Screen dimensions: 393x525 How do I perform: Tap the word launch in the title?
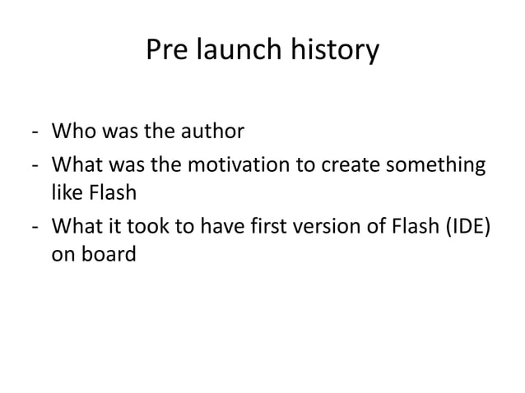235,51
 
